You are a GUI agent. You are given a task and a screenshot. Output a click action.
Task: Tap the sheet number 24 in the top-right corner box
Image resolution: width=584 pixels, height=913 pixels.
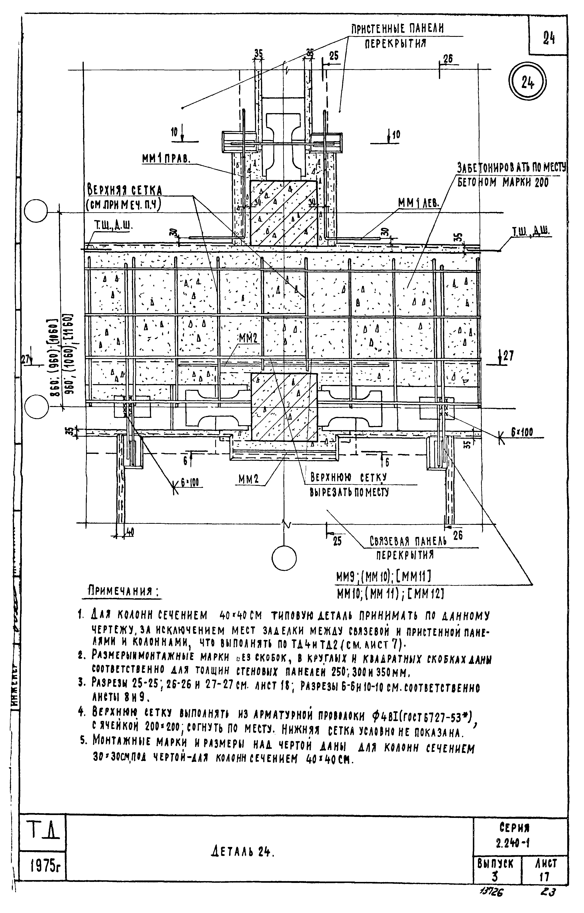[549, 38]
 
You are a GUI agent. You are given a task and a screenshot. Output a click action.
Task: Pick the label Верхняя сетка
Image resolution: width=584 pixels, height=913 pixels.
[125, 190]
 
